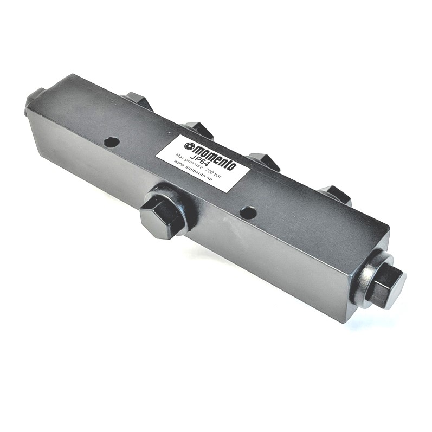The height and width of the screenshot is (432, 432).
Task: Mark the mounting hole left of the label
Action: click(112, 142)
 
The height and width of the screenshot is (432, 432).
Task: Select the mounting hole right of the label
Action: click(248, 212)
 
